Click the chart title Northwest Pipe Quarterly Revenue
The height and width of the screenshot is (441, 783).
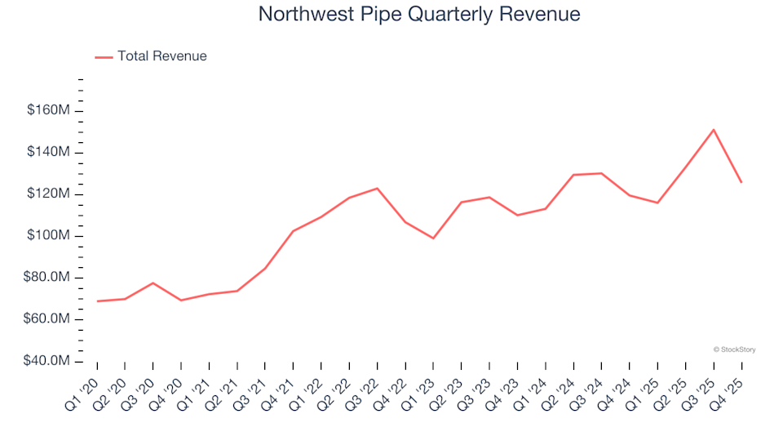point(419,15)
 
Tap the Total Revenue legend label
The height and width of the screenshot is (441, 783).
point(161,56)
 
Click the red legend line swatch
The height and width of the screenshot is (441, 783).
point(104,57)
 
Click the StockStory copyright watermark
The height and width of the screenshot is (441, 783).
point(734,350)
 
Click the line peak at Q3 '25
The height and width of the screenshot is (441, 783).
point(714,129)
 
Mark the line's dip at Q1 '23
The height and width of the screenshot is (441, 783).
point(433,238)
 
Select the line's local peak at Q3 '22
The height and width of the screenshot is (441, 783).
point(377,189)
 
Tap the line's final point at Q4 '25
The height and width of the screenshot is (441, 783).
point(741,182)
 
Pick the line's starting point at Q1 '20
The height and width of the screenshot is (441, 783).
point(97,301)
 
